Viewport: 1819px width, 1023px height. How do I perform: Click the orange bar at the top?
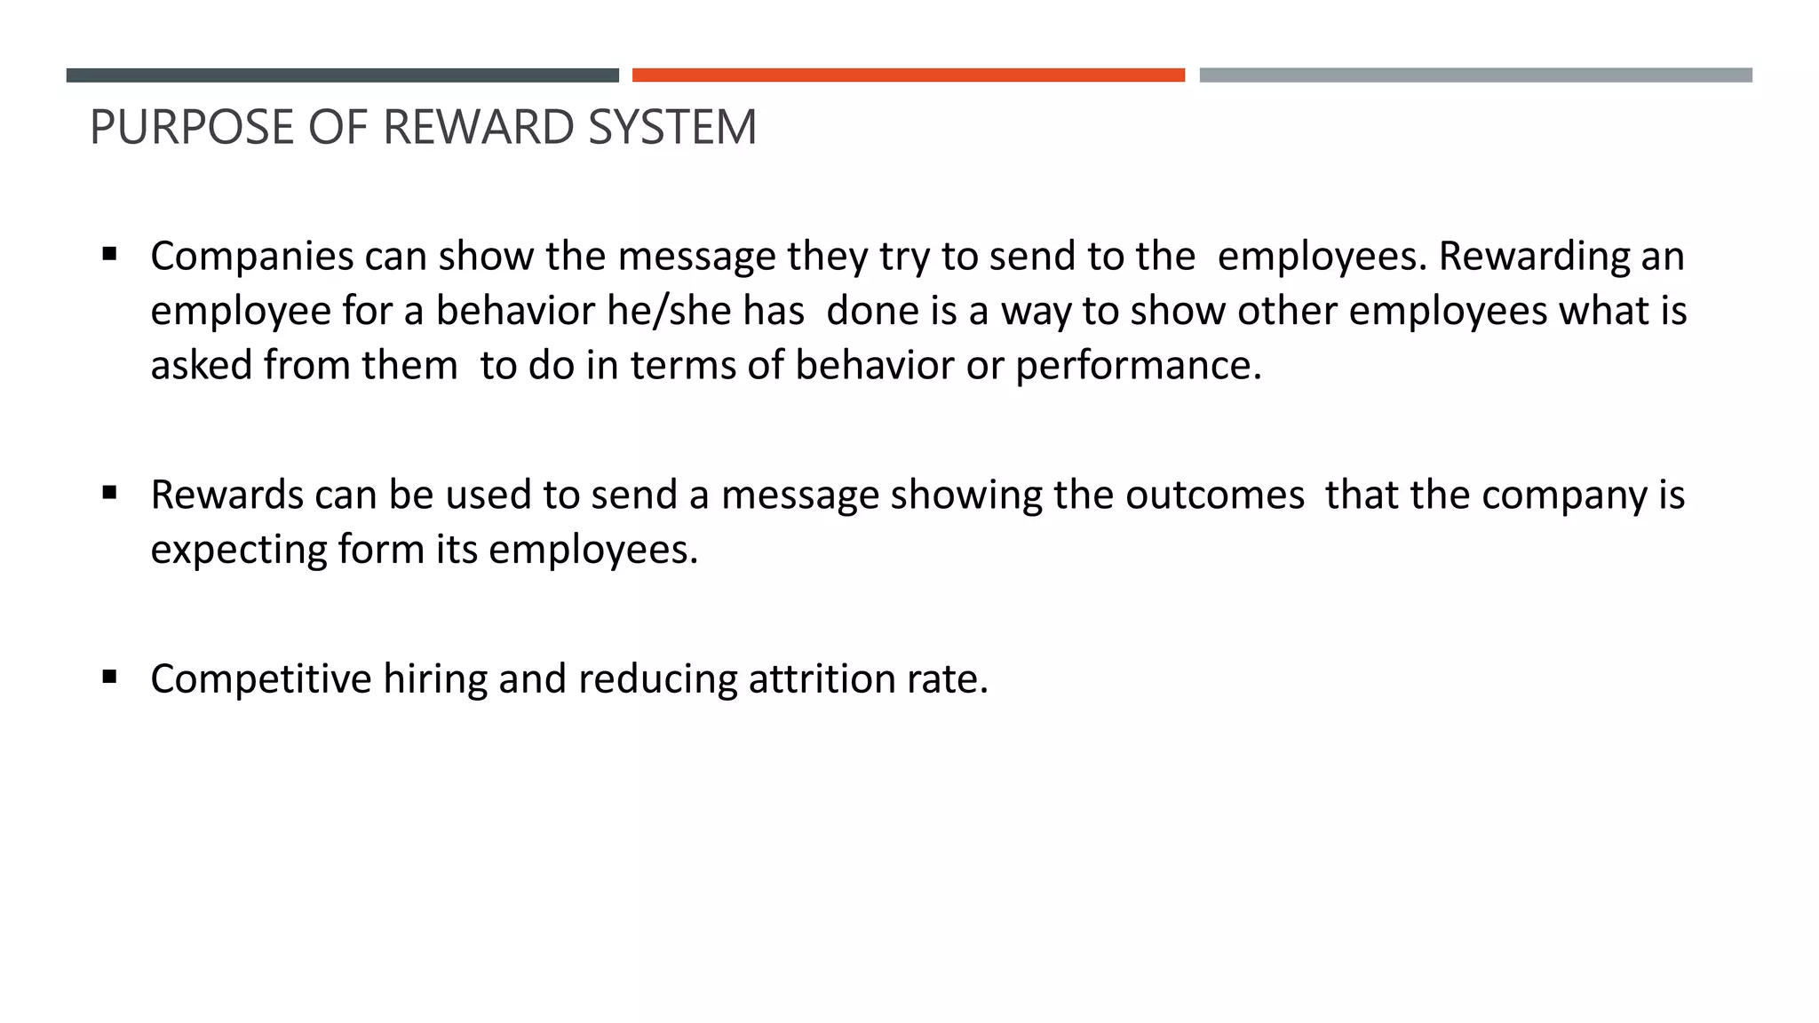pos(908,75)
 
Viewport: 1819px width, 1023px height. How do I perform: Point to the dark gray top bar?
pos(342,75)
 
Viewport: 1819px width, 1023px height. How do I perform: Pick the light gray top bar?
pos(1475,75)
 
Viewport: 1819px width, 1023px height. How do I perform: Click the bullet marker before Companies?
pos(110,255)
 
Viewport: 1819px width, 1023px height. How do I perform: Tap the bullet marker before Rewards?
pos(110,493)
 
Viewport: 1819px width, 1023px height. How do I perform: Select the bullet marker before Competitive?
pos(110,678)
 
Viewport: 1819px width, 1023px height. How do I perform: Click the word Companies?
pos(252,257)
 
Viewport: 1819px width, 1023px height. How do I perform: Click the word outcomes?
pos(1215,495)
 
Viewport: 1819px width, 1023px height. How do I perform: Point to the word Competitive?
pos(261,679)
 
